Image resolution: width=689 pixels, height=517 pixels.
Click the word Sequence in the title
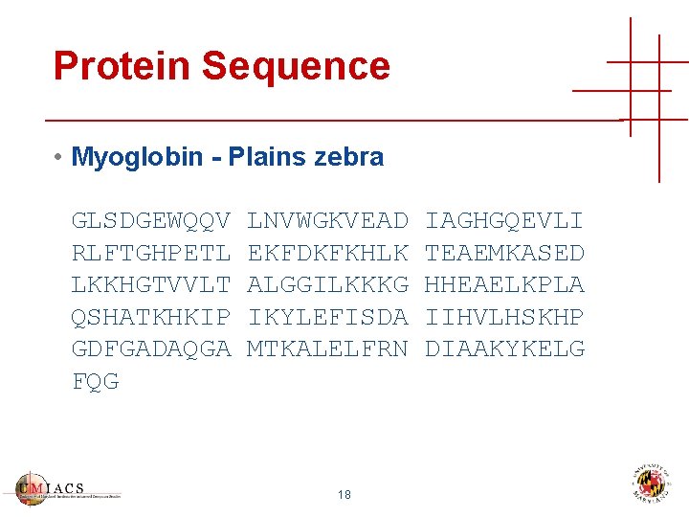(x=296, y=66)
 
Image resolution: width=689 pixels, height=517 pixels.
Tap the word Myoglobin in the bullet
(x=144, y=157)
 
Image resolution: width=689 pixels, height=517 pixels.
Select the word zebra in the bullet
(x=348, y=157)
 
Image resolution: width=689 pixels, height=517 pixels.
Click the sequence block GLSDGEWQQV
(x=151, y=221)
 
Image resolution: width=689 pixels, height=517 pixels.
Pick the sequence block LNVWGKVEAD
(x=327, y=221)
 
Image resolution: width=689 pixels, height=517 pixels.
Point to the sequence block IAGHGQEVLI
(x=504, y=221)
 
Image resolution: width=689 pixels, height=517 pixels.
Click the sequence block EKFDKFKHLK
(x=327, y=253)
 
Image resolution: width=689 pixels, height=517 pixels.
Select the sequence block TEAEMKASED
(x=504, y=253)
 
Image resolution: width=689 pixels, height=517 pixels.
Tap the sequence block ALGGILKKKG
(x=327, y=285)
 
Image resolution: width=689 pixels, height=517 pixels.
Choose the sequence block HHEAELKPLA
(x=504, y=285)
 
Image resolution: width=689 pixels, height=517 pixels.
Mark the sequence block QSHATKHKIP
(x=151, y=317)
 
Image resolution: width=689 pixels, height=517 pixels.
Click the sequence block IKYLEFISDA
(x=327, y=317)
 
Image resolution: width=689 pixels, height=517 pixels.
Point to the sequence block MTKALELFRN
(x=327, y=349)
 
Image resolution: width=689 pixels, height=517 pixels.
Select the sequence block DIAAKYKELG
(x=504, y=349)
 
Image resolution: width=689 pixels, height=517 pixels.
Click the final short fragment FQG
(x=96, y=381)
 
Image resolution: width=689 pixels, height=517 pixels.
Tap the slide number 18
(x=344, y=495)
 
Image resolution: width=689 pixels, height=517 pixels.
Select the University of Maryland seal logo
(x=652, y=483)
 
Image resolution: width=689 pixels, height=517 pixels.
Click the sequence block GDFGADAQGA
(x=151, y=349)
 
